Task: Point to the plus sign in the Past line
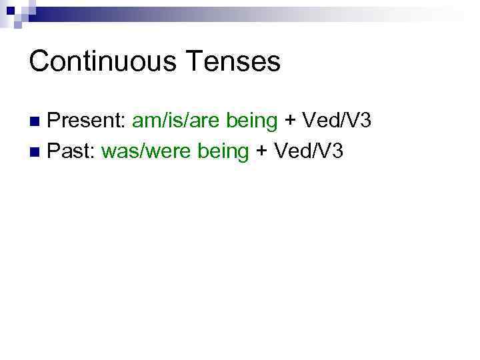[262, 152]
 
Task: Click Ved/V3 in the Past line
[307, 151]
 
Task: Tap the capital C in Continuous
[39, 61]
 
